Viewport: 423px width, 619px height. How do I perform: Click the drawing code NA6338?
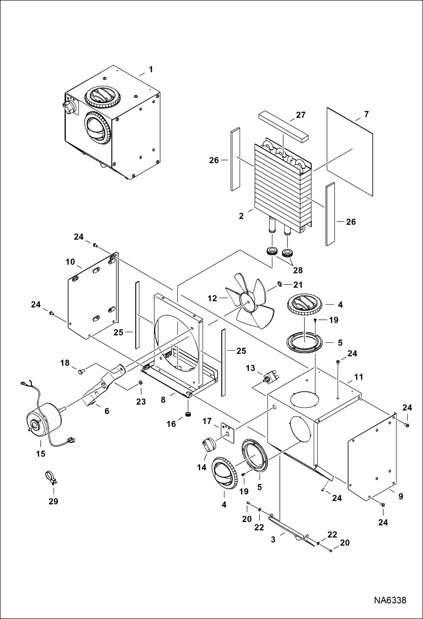[x=390, y=600]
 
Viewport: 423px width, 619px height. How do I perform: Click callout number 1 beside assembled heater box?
[x=151, y=69]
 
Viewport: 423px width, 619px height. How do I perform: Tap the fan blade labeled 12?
[x=250, y=302]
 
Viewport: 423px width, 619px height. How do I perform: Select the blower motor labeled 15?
[x=44, y=421]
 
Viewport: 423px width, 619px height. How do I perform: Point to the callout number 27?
[x=300, y=115]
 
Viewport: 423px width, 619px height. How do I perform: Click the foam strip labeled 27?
[x=283, y=126]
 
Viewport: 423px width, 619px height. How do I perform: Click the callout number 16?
[x=171, y=424]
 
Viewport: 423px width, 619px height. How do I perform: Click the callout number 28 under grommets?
[x=298, y=270]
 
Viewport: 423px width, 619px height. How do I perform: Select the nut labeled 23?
[x=140, y=383]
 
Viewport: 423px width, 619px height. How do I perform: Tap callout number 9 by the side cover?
[x=400, y=496]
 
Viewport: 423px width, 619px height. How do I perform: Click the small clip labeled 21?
[x=280, y=284]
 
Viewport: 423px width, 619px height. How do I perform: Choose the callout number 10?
[x=70, y=262]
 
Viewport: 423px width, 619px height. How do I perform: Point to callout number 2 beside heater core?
[x=241, y=216]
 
